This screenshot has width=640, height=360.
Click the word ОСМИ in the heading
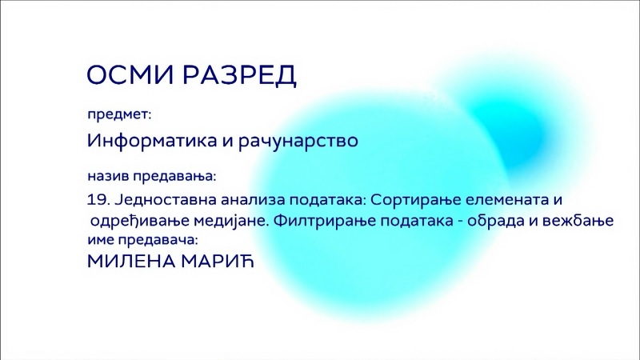(x=130, y=74)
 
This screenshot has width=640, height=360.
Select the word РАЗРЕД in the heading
(x=239, y=75)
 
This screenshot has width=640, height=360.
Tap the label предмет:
(x=119, y=114)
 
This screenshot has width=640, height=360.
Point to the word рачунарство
(x=298, y=142)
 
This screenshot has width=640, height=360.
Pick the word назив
(x=108, y=176)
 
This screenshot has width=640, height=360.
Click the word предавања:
(x=174, y=177)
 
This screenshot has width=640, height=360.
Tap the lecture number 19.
(x=97, y=200)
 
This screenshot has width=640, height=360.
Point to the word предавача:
(x=158, y=240)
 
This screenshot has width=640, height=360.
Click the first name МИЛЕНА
(x=131, y=262)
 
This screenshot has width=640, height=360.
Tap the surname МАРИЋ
(x=218, y=262)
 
